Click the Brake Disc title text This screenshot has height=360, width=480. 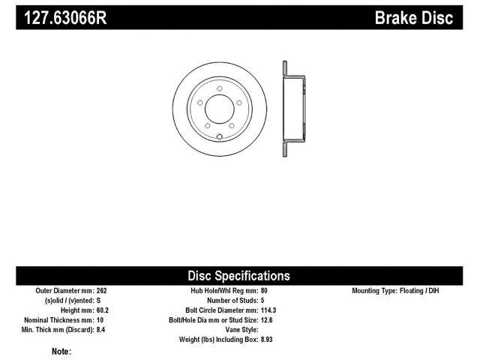(x=414, y=17)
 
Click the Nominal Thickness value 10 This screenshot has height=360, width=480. (x=100, y=319)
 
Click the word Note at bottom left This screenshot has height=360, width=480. (x=61, y=351)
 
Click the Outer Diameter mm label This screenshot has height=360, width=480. (x=63, y=289)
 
